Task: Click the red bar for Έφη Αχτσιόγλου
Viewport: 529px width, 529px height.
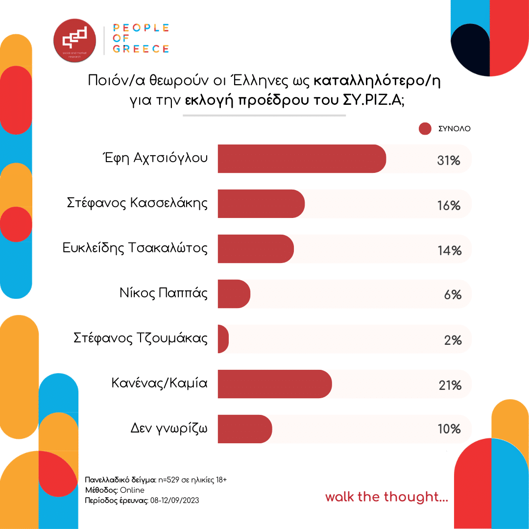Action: click(301, 159)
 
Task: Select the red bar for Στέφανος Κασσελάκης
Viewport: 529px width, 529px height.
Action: click(261, 204)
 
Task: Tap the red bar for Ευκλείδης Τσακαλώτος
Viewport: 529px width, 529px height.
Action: click(255, 249)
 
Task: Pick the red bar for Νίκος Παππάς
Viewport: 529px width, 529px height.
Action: click(234, 294)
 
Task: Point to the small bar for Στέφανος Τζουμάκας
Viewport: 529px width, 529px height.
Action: click(223, 339)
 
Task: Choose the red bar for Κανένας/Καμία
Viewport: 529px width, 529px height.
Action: click(274, 384)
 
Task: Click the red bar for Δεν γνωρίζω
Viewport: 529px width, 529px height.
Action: click(244, 429)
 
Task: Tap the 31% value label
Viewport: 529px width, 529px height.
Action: click(449, 160)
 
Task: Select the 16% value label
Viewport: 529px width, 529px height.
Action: click(449, 206)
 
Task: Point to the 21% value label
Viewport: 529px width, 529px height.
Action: click(450, 385)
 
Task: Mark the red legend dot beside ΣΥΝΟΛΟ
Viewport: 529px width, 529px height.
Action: click(425, 129)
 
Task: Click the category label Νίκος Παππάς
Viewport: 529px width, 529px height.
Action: click(164, 294)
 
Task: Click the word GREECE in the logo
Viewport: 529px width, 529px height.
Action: click(141, 48)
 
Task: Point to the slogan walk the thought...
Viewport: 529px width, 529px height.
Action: click(386, 497)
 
